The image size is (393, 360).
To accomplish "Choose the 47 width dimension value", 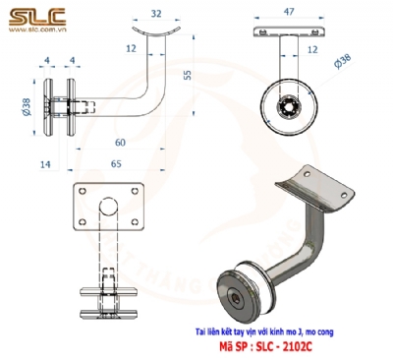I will [287, 13].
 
